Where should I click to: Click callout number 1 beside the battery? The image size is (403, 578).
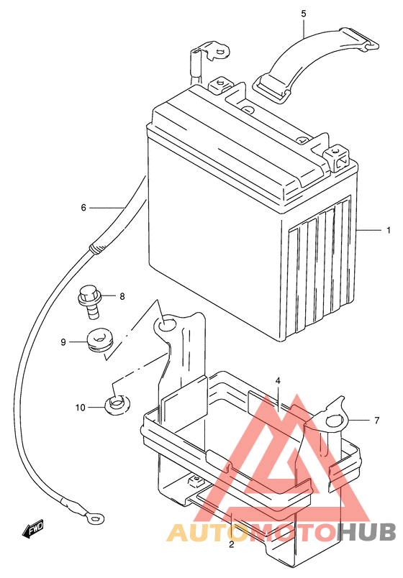388,230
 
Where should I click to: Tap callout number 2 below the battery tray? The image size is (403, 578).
232,544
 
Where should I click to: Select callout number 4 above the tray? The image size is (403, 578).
278,381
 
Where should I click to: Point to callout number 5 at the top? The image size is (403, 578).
304,14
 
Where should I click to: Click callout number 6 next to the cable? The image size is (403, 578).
83,208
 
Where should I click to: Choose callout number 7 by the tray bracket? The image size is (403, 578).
377,421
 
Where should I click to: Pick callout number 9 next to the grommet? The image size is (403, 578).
63,342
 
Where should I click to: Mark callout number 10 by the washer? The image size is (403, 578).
81,408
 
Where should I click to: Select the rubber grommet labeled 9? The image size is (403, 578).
99,340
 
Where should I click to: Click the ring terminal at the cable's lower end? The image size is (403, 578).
94,518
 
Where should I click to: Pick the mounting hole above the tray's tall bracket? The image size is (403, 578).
165,324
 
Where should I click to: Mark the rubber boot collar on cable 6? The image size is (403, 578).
97,248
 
